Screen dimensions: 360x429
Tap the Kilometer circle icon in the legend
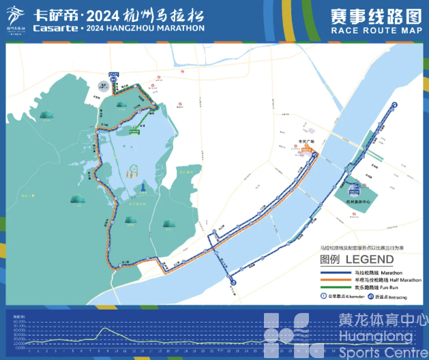pos(324,296)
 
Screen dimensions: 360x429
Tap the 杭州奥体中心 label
pos(357,204)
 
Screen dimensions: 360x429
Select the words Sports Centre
pos(378,353)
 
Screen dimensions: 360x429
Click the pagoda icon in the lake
pos(145,187)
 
